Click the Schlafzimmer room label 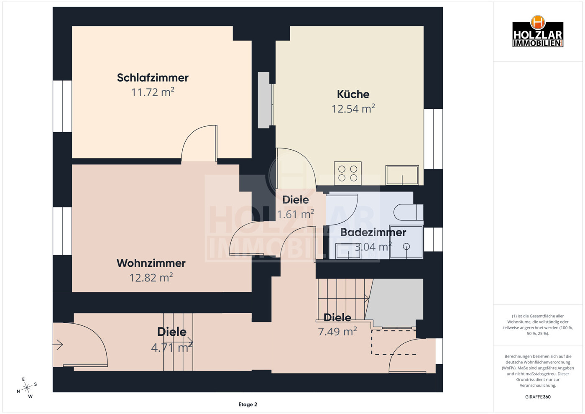coord(153,78)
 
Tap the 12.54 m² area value coord(353,109)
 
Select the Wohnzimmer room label coord(151,263)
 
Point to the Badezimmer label coord(373,233)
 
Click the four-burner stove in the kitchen coord(347,174)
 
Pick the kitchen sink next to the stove coord(402,175)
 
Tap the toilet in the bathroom coord(408,212)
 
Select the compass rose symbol coord(27,388)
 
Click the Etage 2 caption coord(248,404)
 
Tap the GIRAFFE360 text coord(538,397)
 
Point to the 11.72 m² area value coord(153,92)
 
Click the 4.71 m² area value coord(171,348)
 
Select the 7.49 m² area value coord(337,332)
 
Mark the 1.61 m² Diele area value coord(295,215)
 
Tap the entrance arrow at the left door coord(58,345)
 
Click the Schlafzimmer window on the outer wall coord(62,106)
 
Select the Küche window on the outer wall coord(433,139)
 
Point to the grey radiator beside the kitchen coord(264,100)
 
